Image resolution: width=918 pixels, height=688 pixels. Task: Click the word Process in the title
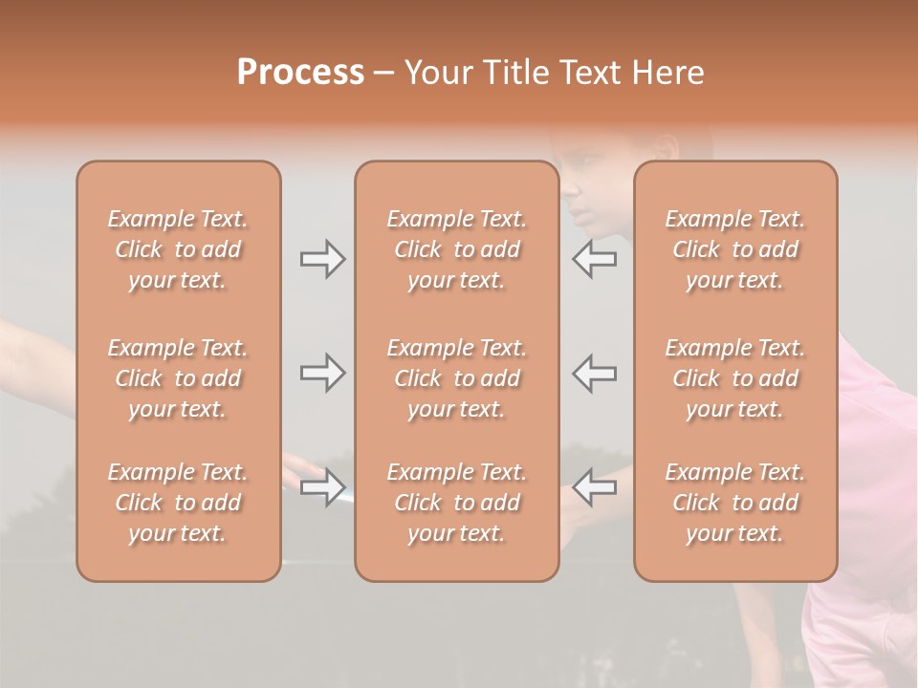300,73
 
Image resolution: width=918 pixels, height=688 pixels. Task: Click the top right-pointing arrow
323,259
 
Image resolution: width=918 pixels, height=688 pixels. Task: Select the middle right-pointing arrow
323,373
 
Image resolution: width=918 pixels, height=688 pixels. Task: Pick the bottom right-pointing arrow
323,487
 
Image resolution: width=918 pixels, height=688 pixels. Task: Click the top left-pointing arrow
595,259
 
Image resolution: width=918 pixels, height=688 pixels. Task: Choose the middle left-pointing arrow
595,373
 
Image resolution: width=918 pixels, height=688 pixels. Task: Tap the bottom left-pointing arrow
595,487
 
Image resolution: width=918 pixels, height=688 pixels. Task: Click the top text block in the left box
178,249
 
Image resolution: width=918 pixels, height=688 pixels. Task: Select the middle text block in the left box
178,378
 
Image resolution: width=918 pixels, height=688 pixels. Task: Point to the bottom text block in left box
178,503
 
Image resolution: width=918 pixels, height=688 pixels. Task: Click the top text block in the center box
456,249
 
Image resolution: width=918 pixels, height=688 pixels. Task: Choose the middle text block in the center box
456,378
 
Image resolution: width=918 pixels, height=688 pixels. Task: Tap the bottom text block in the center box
456,503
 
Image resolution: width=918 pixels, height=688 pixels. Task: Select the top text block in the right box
734,249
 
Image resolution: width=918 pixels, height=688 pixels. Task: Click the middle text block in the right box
734,378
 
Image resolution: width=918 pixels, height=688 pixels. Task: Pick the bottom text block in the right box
734,503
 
